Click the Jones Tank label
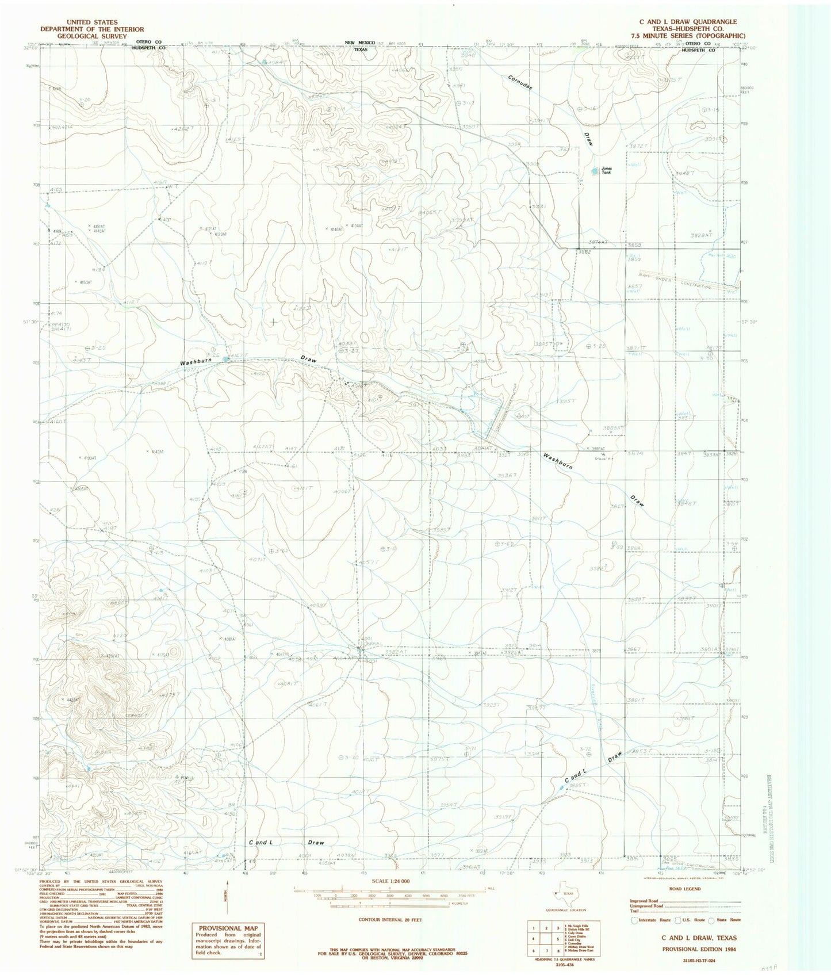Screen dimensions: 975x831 [x=607, y=170]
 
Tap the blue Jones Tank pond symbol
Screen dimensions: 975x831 [x=594, y=171]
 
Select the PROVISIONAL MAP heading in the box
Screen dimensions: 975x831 [x=228, y=928]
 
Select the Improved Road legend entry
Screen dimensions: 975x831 [x=647, y=901]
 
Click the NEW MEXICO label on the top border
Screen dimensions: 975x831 [x=359, y=43]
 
